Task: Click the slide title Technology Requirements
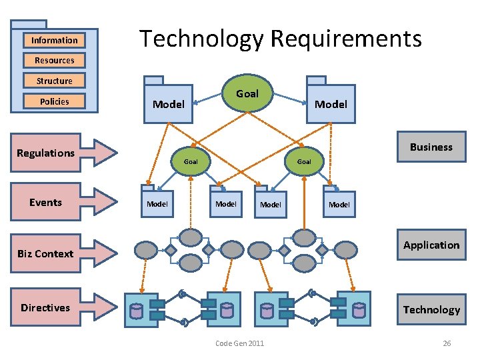pos(280,39)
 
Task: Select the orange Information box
pos(54,40)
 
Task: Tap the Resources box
pos(54,60)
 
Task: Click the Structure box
pos(54,81)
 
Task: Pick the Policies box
pos(54,101)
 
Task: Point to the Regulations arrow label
pos(46,153)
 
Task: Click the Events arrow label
pos(46,203)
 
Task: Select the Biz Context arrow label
pos(46,253)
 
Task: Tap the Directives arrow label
pos(45,307)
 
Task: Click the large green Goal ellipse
pos(247,93)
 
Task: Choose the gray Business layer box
pos(431,147)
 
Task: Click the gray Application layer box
pos(431,245)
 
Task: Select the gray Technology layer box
pos(431,309)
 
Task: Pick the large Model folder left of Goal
pos(168,103)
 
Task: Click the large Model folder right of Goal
pos(331,103)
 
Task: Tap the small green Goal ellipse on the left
pos(191,161)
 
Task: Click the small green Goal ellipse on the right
pos(304,161)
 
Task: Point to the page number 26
pos(447,343)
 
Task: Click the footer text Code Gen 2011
pos(240,343)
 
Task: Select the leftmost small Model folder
pos(157,203)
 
